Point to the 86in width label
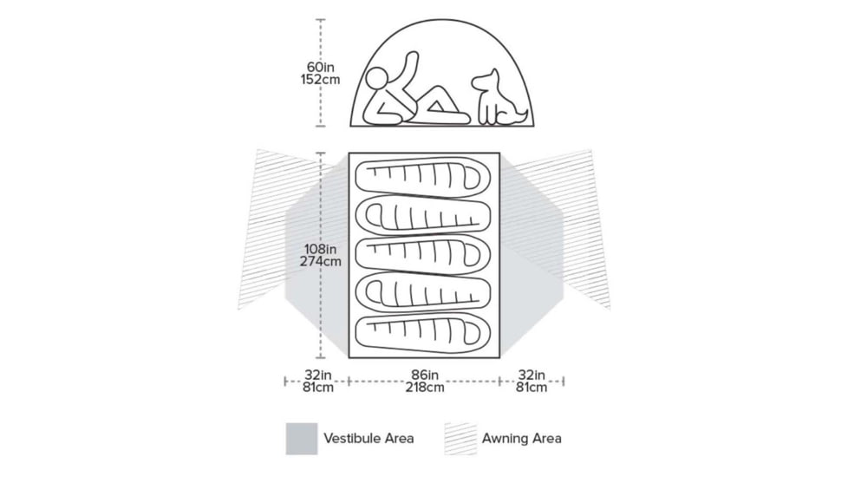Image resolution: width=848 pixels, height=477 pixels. click(424, 375)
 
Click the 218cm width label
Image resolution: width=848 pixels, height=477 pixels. click(424, 388)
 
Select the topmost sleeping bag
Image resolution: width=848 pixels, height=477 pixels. click(423, 178)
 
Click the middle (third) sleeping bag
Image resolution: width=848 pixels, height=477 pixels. click(423, 255)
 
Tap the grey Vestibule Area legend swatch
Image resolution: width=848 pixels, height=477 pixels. click(301, 438)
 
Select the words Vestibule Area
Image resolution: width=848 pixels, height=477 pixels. click(369, 438)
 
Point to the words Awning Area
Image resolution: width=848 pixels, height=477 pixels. click(521, 438)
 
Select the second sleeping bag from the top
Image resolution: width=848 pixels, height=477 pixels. click(423, 216)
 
